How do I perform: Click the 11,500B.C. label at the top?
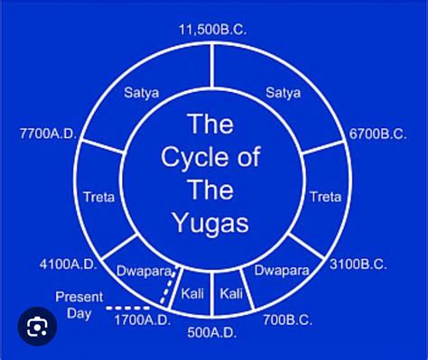tap(213, 30)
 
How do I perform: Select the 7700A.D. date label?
tap(50, 134)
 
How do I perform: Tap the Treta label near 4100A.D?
tap(98, 196)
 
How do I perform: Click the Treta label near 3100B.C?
tap(325, 196)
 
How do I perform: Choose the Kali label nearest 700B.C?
tap(233, 294)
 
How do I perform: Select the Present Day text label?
tap(73, 303)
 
